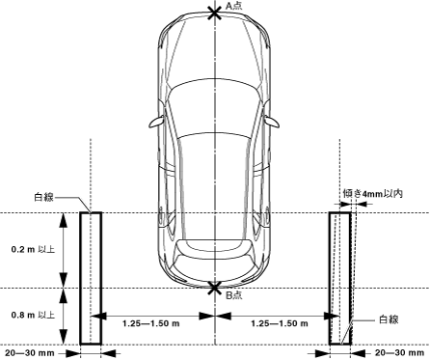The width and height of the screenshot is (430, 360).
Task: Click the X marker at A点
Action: tap(214, 14)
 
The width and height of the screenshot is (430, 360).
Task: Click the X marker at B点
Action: tap(214, 288)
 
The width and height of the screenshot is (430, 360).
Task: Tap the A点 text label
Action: tap(233, 6)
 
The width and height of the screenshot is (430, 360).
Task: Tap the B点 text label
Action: tap(233, 295)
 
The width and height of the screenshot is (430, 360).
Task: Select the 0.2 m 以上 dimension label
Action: tap(33, 249)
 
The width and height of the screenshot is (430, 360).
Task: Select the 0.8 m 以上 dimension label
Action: tap(33, 315)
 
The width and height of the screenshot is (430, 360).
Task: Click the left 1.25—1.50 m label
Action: tap(150, 323)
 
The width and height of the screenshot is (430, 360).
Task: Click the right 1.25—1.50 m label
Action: tap(280, 323)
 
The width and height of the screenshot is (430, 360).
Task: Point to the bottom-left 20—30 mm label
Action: tap(30, 353)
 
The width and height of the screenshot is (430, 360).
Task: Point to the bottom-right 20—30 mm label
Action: tap(399, 353)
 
